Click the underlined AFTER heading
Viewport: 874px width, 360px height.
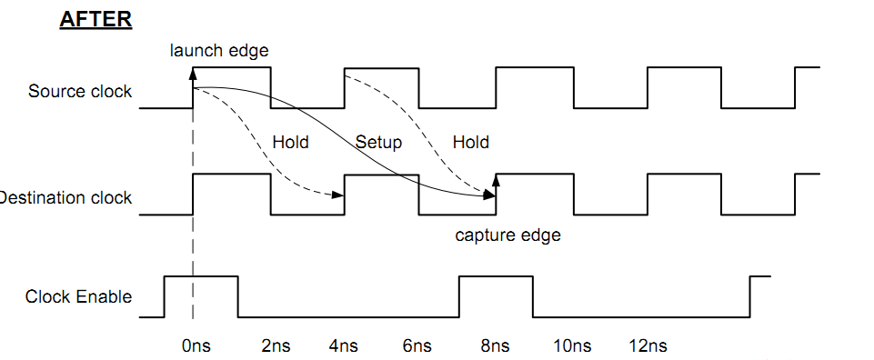pyautogui.click(x=95, y=19)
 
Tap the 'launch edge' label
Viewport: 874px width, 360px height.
pyautogui.click(x=218, y=50)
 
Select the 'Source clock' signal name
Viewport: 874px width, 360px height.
pyautogui.click(x=79, y=92)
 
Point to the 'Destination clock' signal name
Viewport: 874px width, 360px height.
pyautogui.click(x=65, y=198)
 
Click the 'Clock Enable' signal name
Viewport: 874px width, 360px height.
pyautogui.click(x=78, y=297)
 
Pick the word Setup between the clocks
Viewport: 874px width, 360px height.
pyautogui.click(x=378, y=142)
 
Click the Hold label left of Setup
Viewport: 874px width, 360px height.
pyautogui.click(x=290, y=142)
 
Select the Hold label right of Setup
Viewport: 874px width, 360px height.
pyautogui.click(x=470, y=142)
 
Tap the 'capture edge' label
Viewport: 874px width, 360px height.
pyautogui.click(x=507, y=235)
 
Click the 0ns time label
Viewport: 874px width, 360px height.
pyautogui.click(x=196, y=345)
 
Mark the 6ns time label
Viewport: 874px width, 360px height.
pyautogui.click(x=417, y=345)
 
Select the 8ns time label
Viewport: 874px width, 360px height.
pyautogui.click(x=494, y=345)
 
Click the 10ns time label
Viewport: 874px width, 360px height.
pyautogui.click(x=572, y=345)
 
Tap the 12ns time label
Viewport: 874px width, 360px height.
pyautogui.click(x=648, y=345)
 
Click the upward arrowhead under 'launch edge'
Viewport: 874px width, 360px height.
pyautogui.click(x=193, y=73)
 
